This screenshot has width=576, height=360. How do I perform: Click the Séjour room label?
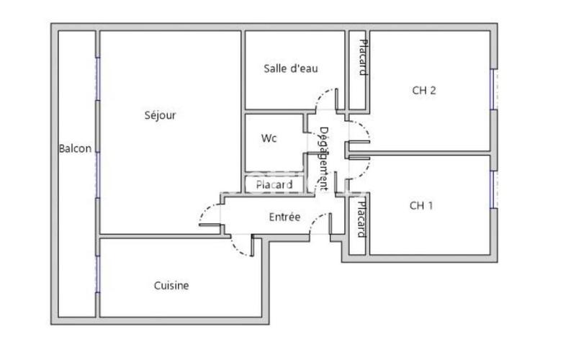(x=160, y=114)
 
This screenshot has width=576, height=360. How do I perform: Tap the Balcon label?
(x=75, y=149)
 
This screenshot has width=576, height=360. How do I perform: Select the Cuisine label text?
(x=171, y=286)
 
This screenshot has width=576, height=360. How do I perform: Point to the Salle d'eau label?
(x=291, y=68)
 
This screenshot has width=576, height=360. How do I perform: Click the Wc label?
(x=269, y=138)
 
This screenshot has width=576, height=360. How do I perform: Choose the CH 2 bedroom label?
(x=424, y=90)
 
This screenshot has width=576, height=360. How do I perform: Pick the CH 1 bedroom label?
(x=422, y=205)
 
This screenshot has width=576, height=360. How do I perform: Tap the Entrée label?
(x=284, y=217)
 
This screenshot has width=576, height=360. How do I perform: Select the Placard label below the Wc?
(x=274, y=185)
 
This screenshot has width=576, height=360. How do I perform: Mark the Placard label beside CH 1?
(x=361, y=219)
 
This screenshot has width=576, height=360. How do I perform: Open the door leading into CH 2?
(x=359, y=130)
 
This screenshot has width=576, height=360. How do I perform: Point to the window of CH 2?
(x=493, y=90)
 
